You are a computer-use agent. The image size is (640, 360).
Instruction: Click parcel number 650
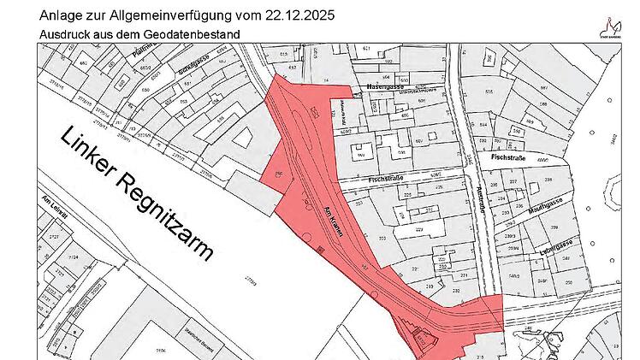145,89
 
